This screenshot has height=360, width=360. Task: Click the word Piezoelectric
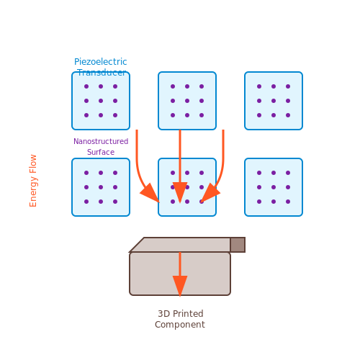(101, 62)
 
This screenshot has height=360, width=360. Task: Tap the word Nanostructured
(101, 141)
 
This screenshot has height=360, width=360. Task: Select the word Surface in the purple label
(101, 152)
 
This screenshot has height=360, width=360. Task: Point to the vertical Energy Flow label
(33, 181)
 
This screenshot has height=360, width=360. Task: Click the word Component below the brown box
(180, 325)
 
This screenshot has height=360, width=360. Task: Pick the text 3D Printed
(181, 314)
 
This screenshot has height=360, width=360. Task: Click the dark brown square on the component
(238, 245)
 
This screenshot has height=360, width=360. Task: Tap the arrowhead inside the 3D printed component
(180, 286)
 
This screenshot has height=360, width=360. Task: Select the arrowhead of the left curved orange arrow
(150, 193)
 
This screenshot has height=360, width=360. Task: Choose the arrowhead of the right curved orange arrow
(210, 193)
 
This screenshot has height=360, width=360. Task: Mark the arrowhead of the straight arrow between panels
(180, 192)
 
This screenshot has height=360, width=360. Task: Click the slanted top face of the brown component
(180, 245)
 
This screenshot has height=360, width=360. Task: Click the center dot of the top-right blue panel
(274, 101)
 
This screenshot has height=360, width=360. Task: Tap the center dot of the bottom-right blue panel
(274, 187)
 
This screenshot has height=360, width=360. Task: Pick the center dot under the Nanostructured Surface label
(101, 187)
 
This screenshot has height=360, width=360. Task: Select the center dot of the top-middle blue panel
(187, 101)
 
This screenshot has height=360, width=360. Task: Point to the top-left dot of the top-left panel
(86, 86)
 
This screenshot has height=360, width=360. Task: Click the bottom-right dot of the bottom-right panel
(288, 202)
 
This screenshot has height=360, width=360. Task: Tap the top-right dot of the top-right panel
(288, 86)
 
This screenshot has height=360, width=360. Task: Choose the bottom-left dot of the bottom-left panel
(86, 202)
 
